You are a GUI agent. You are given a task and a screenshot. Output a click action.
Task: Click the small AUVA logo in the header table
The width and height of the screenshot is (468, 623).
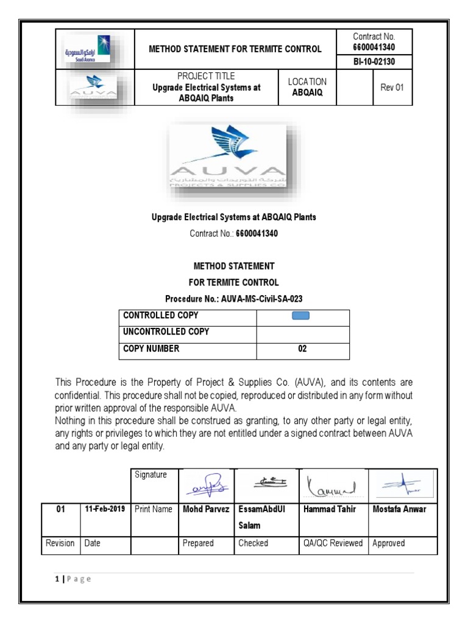tap(94, 88)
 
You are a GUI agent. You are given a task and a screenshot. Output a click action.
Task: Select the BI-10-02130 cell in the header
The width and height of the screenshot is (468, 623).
tap(374, 62)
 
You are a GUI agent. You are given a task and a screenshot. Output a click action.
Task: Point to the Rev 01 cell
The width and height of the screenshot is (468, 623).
tap(392, 87)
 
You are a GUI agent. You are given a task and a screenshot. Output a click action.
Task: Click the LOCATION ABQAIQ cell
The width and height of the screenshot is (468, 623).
tap(307, 87)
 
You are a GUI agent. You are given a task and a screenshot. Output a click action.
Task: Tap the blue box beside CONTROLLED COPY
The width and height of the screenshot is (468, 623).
tap(301, 315)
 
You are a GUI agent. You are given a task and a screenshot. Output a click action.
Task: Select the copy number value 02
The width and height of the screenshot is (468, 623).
tap(302, 349)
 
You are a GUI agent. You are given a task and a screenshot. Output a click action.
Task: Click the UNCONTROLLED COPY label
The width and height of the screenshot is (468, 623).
tap(166, 332)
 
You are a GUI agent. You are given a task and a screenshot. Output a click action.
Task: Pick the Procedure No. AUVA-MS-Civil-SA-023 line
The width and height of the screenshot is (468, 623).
tap(234, 299)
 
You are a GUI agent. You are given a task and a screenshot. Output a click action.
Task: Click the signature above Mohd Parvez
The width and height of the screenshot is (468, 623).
tap(208, 485)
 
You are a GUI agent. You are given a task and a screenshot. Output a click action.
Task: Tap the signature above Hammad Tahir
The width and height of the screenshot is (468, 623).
tap(331, 486)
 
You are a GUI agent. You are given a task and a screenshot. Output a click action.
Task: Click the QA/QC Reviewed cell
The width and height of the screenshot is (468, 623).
tap(332, 543)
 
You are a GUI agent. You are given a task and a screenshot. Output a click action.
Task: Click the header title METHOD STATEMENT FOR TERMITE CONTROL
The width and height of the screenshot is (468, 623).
tap(235, 49)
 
